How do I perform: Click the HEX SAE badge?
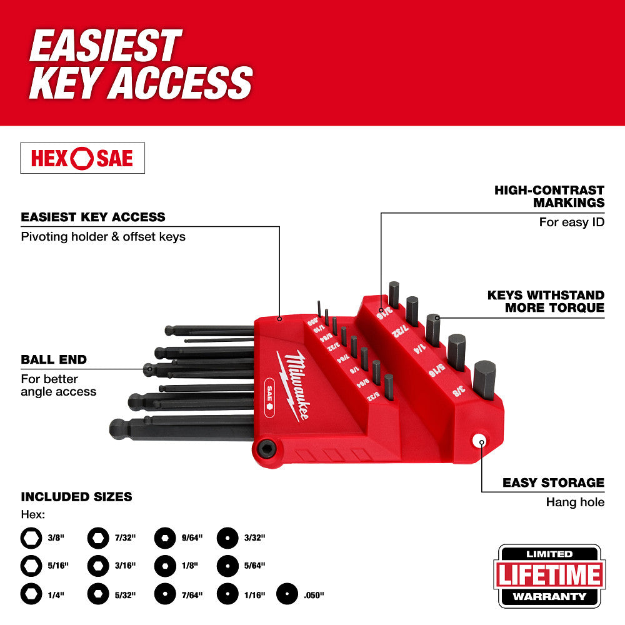(82, 158)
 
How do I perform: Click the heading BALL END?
(54, 359)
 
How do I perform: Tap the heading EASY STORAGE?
(554, 482)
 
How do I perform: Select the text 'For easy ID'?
(572, 222)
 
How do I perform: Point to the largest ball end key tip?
(118, 429)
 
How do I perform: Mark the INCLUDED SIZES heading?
(76, 497)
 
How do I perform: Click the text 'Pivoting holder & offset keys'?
(103, 237)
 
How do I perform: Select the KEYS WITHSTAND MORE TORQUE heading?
(546, 301)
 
